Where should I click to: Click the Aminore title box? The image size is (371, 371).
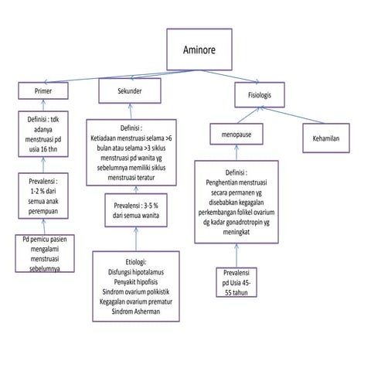click(x=199, y=49)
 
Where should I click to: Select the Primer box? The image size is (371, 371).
click(x=43, y=90)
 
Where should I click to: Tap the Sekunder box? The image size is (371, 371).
click(x=130, y=91)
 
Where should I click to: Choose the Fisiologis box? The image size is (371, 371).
click(x=260, y=95)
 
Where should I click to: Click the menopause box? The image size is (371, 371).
click(x=237, y=134)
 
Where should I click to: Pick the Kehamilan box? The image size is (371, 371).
click(x=326, y=138)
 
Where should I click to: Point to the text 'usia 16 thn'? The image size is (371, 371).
click(x=43, y=149)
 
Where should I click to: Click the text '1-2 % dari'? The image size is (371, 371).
click(x=43, y=191)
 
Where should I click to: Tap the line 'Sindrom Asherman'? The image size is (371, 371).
click(x=136, y=311)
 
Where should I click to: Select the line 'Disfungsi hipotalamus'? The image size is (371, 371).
click(x=136, y=272)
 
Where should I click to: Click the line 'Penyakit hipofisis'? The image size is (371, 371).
click(x=136, y=282)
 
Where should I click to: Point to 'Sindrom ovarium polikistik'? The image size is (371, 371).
click(x=136, y=291)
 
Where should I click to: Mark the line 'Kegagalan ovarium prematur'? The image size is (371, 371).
click(x=136, y=301)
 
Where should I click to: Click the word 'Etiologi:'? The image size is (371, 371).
click(x=136, y=262)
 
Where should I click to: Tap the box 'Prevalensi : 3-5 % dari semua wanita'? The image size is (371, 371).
click(x=136, y=210)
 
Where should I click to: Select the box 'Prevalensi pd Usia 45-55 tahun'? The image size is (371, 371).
click(x=237, y=282)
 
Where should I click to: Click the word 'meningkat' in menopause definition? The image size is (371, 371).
click(x=237, y=232)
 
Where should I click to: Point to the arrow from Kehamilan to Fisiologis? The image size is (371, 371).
click(x=292, y=115)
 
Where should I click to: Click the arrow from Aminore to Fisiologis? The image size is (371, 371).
click(x=230, y=77)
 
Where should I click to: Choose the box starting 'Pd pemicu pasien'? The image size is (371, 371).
click(x=45, y=254)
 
